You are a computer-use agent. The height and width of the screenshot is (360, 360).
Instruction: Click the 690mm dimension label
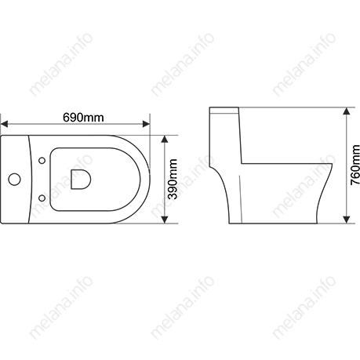click(x=83, y=118)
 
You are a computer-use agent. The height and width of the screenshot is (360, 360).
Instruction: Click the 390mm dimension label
click(x=173, y=179)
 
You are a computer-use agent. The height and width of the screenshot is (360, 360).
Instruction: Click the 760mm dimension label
click(x=355, y=165)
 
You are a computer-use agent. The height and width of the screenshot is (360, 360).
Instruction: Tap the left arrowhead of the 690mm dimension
click(x=5, y=124)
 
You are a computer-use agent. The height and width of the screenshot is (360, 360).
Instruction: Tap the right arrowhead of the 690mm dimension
click(x=146, y=124)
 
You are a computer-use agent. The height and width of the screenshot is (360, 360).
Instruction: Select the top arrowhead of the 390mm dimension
click(x=165, y=139)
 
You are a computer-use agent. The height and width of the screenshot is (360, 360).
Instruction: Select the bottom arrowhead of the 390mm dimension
click(x=165, y=220)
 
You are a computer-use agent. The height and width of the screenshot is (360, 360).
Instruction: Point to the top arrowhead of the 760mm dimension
click(x=347, y=111)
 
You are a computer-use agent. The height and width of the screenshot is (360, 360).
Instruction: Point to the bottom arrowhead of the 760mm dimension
click(x=347, y=220)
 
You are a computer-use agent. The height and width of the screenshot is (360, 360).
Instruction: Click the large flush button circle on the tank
click(x=14, y=180)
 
